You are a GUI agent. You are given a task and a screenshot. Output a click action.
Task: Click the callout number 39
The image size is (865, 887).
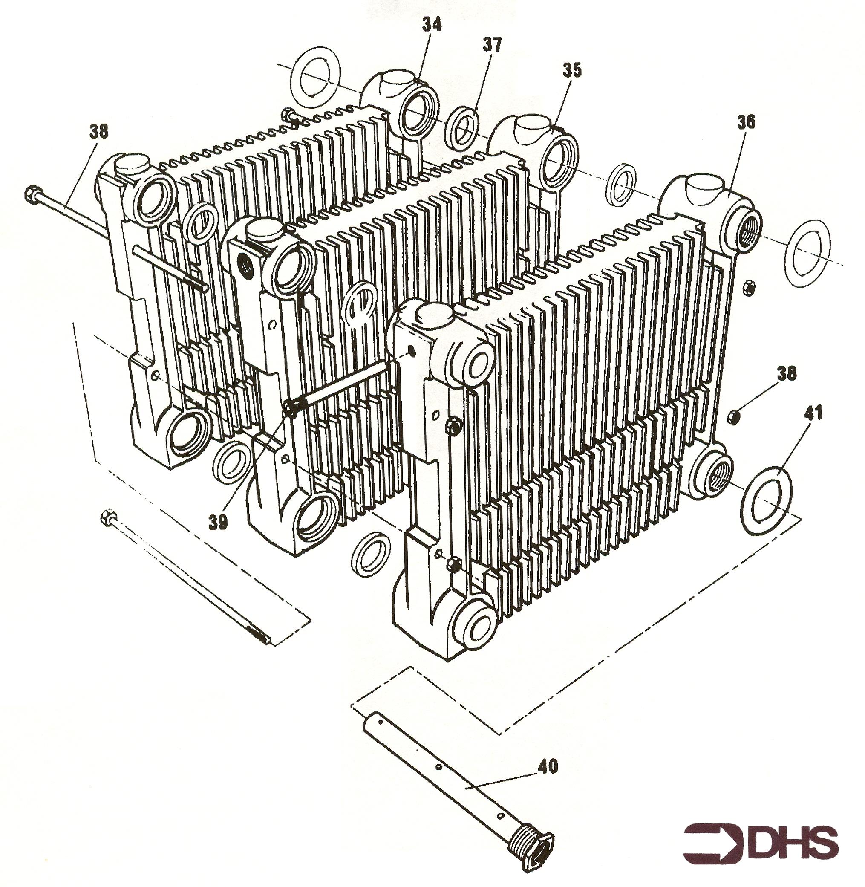(x=219, y=523)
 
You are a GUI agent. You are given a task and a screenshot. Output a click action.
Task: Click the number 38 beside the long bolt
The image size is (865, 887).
(x=98, y=132)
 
